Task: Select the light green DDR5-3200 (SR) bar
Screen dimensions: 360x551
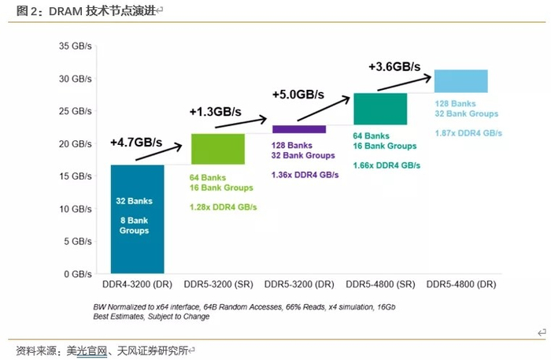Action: pos(217,149)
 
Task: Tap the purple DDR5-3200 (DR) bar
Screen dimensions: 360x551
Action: pos(298,129)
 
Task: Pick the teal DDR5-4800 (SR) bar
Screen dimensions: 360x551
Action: pos(380,109)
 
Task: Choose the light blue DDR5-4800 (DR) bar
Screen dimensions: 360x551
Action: pos(460,81)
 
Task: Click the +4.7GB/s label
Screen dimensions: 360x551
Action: pos(136,143)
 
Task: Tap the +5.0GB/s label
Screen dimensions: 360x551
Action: pos(298,94)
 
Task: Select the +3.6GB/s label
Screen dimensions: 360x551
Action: pos(394,67)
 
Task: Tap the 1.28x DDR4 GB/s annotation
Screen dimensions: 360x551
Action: pos(223,207)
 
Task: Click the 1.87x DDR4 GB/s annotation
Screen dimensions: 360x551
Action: pos(468,132)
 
